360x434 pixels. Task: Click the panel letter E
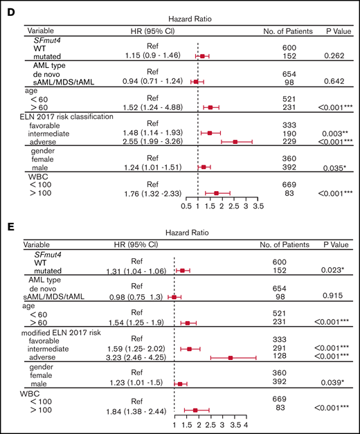pyautogui.click(x=8, y=224)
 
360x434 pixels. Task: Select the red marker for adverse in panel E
pyautogui.click(x=231, y=358)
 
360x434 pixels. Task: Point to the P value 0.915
pyautogui.click(x=331, y=298)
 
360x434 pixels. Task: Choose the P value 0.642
pyautogui.click(x=331, y=81)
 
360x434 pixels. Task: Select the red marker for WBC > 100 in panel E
pyautogui.click(x=195, y=410)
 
